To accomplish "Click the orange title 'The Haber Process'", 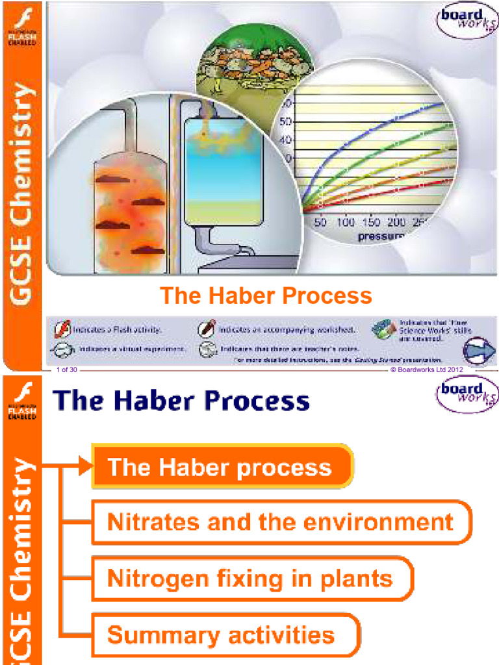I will coord(266,295).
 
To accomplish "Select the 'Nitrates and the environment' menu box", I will coord(280,522).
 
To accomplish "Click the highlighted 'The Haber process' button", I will coord(221,467).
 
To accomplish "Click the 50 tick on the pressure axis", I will coord(320,223).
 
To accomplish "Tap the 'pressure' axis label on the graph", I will coord(379,237).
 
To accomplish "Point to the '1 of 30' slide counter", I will coord(67,370).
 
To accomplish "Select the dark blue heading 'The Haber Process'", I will coord(183,400).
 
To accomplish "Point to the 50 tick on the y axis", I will coord(286,121).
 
